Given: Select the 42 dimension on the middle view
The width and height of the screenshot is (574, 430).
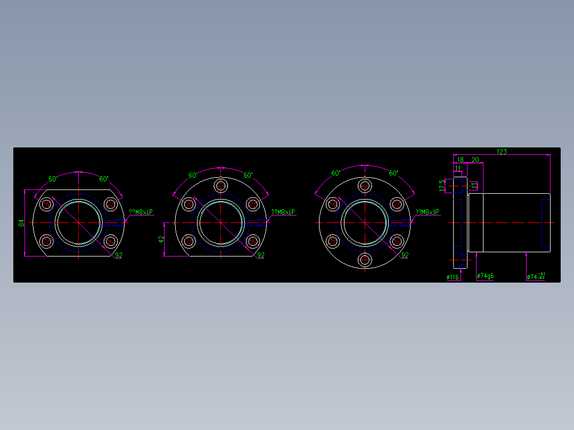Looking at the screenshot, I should click(x=161, y=239).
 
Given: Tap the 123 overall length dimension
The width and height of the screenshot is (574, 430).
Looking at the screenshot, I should click(x=501, y=152).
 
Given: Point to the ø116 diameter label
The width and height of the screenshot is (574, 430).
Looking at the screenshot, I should click(x=453, y=277).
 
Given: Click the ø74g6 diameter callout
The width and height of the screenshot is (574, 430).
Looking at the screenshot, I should click(x=485, y=276).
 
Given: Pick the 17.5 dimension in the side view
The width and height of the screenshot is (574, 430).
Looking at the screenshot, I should click(x=441, y=185).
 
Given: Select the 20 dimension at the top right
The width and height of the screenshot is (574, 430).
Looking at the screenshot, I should click(x=475, y=160).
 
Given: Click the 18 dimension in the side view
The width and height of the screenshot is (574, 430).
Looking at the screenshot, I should click(x=460, y=160).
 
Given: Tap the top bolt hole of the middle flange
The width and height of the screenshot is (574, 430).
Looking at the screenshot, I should click(x=221, y=186).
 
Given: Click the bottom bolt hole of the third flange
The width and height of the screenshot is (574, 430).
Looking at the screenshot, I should click(x=365, y=260).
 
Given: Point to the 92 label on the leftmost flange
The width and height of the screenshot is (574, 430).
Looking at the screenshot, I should click(x=119, y=255).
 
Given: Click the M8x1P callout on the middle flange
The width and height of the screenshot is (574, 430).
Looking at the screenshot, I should click(x=283, y=212).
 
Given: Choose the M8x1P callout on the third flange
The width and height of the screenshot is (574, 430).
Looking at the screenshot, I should click(x=427, y=212).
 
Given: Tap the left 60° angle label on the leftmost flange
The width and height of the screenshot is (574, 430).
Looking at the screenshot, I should click(x=53, y=179).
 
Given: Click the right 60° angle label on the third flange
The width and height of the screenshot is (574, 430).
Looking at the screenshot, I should click(x=393, y=173).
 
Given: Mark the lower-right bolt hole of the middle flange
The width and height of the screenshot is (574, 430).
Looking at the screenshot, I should click(x=252, y=241).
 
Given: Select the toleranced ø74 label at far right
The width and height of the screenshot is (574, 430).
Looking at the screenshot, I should click(x=535, y=277).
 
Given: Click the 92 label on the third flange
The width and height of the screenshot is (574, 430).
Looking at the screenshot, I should click(x=405, y=255).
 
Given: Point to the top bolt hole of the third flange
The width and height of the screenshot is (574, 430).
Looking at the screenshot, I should click(x=365, y=186).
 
